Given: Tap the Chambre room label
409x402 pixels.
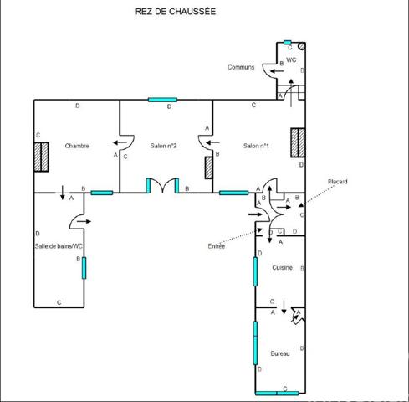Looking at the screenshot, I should [x=77, y=146].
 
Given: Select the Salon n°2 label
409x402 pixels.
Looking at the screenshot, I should [x=162, y=146].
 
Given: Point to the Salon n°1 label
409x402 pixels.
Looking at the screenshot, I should [x=255, y=146].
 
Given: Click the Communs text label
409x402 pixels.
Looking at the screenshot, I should [x=241, y=67].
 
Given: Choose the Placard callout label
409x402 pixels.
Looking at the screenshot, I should [x=337, y=182].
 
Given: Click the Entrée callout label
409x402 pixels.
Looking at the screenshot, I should [x=217, y=245].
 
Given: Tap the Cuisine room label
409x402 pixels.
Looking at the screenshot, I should [x=282, y=267].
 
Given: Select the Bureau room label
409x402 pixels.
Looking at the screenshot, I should [x=281, y=354].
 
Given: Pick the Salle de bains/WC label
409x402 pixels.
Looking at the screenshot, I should [x=59, y=245].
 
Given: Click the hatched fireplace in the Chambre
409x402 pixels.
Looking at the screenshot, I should [x=40, y=157].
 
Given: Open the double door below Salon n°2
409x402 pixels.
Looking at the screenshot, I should [x=162, y=186].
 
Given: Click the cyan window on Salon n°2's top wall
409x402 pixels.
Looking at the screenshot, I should [x=162, y=100].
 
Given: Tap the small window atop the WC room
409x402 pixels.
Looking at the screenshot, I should [x=287, y=42].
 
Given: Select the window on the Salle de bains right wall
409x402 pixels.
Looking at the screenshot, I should [x=84, y=269].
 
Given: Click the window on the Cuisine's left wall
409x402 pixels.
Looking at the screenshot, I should [x=256, y=271].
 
